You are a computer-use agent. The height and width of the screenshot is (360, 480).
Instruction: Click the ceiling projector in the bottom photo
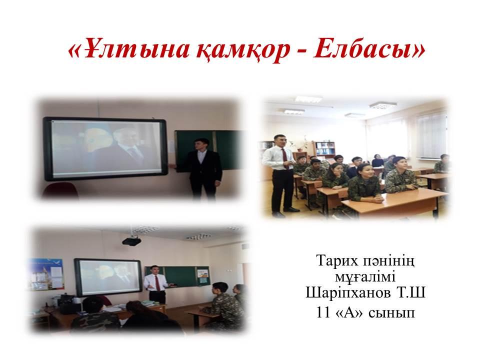tap(131, 241)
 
